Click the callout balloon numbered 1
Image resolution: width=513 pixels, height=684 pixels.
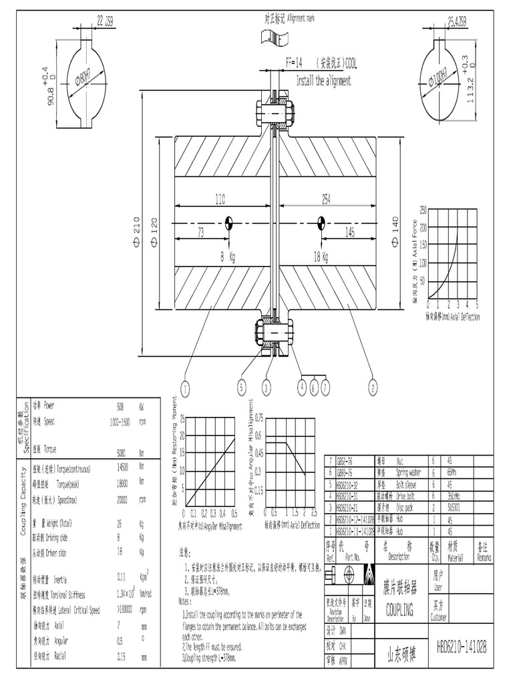coord(184,387)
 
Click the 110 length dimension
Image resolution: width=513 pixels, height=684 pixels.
coord(220,198)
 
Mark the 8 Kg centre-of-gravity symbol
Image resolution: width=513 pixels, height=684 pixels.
coord(228,222)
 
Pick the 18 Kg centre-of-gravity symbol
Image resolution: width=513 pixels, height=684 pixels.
coord(321,222)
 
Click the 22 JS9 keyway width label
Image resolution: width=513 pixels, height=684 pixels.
coord(105,22)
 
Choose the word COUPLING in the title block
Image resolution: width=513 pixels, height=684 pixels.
coord(399,610)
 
